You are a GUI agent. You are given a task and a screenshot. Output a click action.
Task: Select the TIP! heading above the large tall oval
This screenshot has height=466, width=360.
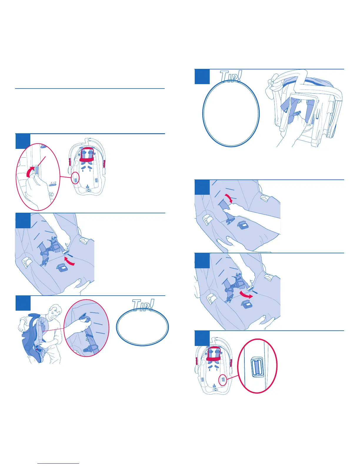(x=231, y=76)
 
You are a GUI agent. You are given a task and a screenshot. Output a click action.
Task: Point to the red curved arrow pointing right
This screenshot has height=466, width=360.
(x=246, y=295)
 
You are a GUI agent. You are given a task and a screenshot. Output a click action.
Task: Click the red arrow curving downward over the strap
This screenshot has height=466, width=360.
(x=228, y=198)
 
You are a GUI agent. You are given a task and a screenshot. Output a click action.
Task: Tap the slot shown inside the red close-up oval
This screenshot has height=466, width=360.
(x=257, y=367)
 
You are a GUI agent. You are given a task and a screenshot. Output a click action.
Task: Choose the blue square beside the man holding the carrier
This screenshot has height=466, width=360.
(x=23, y=303)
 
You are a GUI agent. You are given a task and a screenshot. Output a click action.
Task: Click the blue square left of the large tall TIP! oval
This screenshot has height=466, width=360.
(x=202, y=77)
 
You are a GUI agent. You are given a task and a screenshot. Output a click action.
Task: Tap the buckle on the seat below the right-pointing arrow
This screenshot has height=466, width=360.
(x=247, y=305)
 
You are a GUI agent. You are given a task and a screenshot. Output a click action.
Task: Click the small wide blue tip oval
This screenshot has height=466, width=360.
(x=142, y=327)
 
